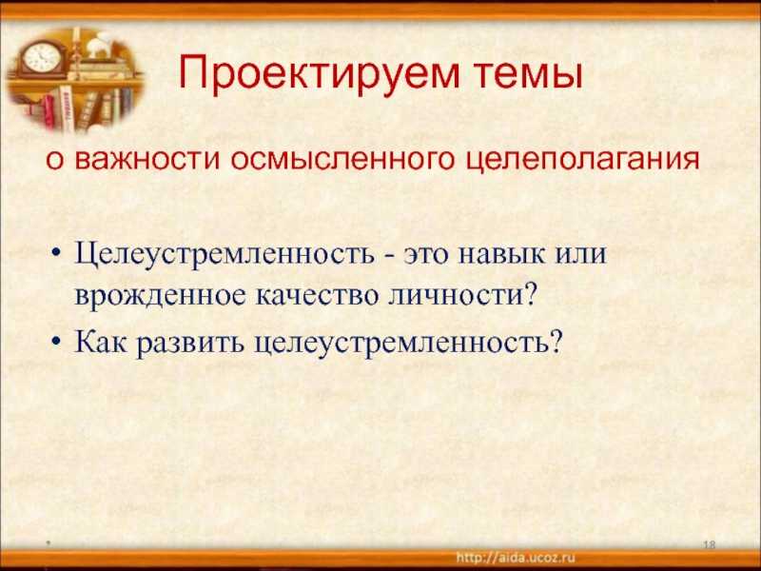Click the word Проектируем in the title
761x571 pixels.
[319, 73]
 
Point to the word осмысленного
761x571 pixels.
[342, 159]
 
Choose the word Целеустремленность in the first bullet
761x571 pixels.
[224, 254]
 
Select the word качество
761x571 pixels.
[317, 296]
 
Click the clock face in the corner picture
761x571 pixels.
[42, 58]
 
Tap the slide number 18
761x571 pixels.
[710, 544]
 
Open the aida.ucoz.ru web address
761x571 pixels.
[516, 558]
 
